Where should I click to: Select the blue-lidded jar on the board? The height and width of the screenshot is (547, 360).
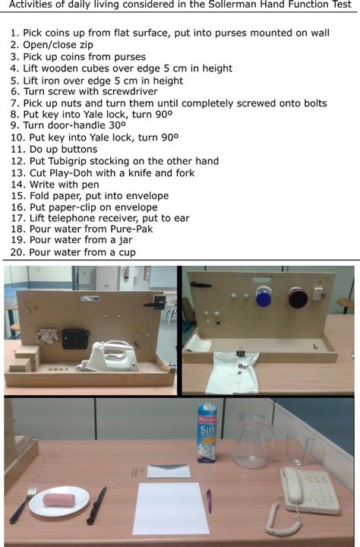264,296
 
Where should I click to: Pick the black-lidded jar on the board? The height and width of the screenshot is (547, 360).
297,297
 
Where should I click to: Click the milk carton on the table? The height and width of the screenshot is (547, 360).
207,433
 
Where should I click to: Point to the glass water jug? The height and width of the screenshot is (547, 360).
251,440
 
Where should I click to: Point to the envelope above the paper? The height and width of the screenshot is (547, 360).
168,471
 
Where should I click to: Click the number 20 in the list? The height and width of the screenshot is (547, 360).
17,252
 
